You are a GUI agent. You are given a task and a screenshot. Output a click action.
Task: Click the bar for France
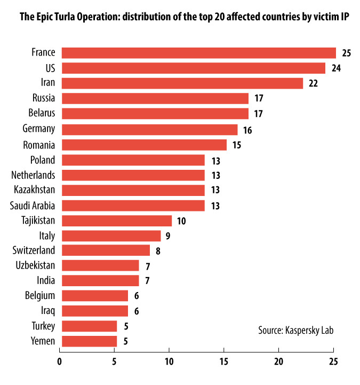click(198, 53)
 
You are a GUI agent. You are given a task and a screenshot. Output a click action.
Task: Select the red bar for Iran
click(182, 83)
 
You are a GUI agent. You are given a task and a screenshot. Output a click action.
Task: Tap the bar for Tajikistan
click(116, 221)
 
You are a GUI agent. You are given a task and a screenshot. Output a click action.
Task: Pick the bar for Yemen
click(89, 341)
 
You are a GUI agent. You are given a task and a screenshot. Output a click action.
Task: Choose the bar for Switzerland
click(106, 250)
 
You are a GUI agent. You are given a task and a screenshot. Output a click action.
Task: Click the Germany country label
click(39, 129)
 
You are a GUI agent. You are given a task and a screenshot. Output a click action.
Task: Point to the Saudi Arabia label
click(33, 206)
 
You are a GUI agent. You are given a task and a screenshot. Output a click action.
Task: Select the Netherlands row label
click(33, 175)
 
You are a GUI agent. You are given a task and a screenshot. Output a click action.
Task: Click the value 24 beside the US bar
click(335, 68)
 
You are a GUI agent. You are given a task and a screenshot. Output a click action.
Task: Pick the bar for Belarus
click(155, 114)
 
